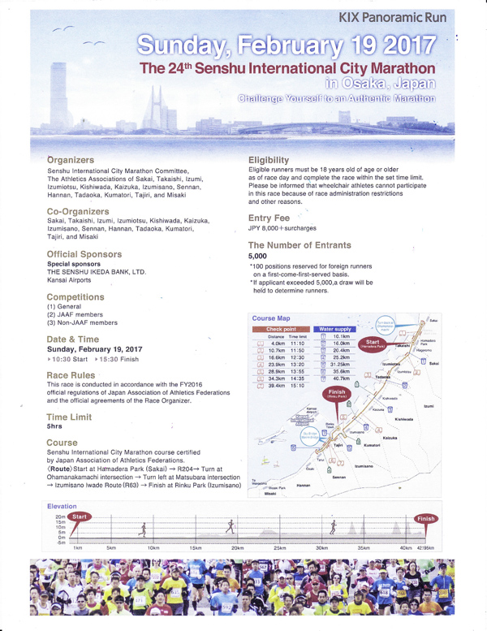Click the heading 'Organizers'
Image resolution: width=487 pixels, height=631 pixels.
[x=71, y=160]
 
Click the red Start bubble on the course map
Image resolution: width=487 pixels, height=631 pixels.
[x=374, y=344]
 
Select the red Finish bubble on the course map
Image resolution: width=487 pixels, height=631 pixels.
[x=336, y=391]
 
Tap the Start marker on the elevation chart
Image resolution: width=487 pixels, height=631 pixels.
[x=80, y=516]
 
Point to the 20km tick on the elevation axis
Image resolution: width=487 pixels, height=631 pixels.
[x=238, y=548]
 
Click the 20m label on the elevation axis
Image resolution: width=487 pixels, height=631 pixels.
[x=60, y=516]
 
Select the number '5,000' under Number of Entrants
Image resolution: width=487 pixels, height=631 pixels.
[x=257, y=256]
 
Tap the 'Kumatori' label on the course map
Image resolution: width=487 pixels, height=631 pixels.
[x=373, y=445]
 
